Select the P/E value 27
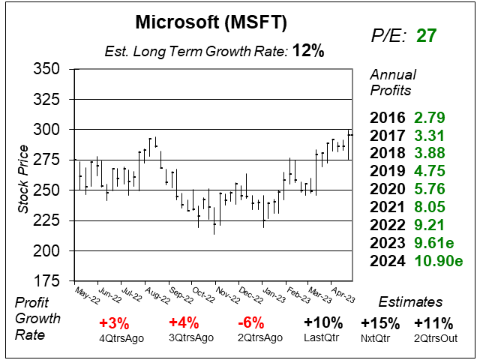427,35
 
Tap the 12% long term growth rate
308,52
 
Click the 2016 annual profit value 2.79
430,118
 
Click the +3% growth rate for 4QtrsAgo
118,323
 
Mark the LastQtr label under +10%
324,338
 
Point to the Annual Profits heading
391,82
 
